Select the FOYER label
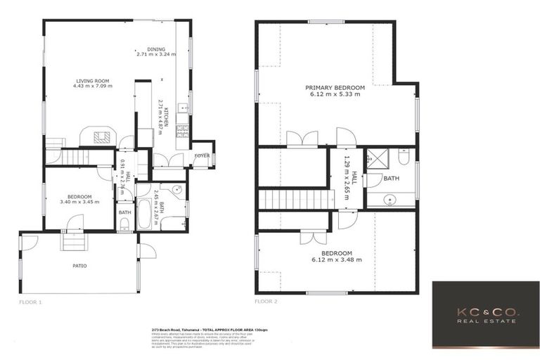(x=201, y=155)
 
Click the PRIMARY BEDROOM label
(x=333, y=88)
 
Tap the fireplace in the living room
(x=97, y=136)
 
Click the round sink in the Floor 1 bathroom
(x=175, y=190)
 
